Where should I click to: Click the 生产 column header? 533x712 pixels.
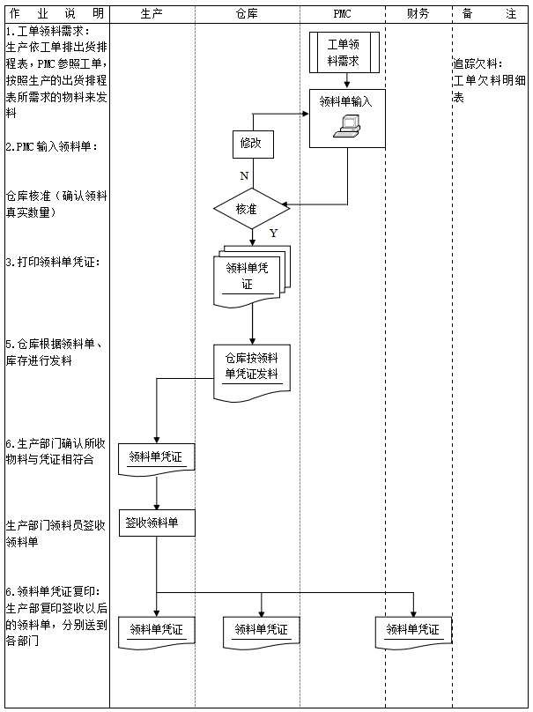pyautogui.click(x=152, y=14)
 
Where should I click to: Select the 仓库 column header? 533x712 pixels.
pyautogui.click(x=248, y=14)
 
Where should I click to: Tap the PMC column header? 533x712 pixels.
pyautogui.click(x=342, y=14)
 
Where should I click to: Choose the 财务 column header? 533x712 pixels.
pyautogui.click(x=418, y=14)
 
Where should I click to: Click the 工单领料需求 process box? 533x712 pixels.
pyautogui.click(x=344, y=53)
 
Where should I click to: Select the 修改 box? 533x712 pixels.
pyautogui.click(x=250, y=143)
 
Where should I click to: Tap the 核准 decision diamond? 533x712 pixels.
pyautogui.click(x=251, y=209)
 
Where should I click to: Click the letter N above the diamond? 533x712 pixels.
pyautogui.click(x=244, y=176)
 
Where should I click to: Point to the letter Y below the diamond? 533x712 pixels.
pyautogui.click(x=273, y=234)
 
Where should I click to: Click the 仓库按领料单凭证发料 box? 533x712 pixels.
pyautogui.click(x=252, y=368)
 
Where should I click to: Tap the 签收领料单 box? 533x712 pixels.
pyautogui.click(x=157, y=523)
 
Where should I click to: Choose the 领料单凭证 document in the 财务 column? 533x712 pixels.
pyautogui.click(x=413, y=630)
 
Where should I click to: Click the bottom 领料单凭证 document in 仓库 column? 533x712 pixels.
pyautogui.click(x=261, y=631)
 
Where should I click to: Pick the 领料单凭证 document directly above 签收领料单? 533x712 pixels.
pyautogui.click(x=157, y=458)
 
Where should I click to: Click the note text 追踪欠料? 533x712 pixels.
pyautogui.click(x=477, y=64)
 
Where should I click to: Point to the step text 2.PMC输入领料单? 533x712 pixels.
pyautogui.click(x=51, y=147)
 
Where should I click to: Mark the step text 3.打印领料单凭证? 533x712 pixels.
pyautogui.click(x=52, y=263)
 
